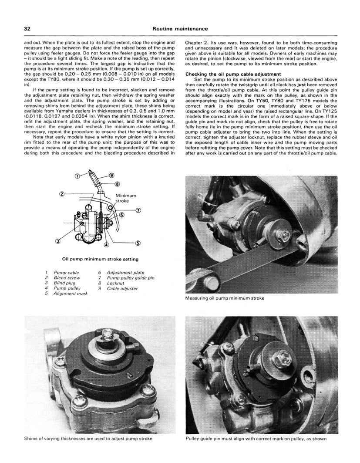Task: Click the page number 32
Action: click(27, 29)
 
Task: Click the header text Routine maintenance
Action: click(180, 29)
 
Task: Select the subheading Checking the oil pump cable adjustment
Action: click(233, 74)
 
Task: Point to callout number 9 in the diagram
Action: click(111, 176)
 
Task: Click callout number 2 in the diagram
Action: click(62, 194)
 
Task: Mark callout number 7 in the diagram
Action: click(138, 210)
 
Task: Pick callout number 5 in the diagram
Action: click(138, 243)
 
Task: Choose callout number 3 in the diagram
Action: click(58, 241)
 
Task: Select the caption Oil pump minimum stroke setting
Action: click(100, 259)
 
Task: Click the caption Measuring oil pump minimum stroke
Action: click(225, 298)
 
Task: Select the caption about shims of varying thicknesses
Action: click(88, 439)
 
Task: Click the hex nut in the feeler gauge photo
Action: click(285, 235)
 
